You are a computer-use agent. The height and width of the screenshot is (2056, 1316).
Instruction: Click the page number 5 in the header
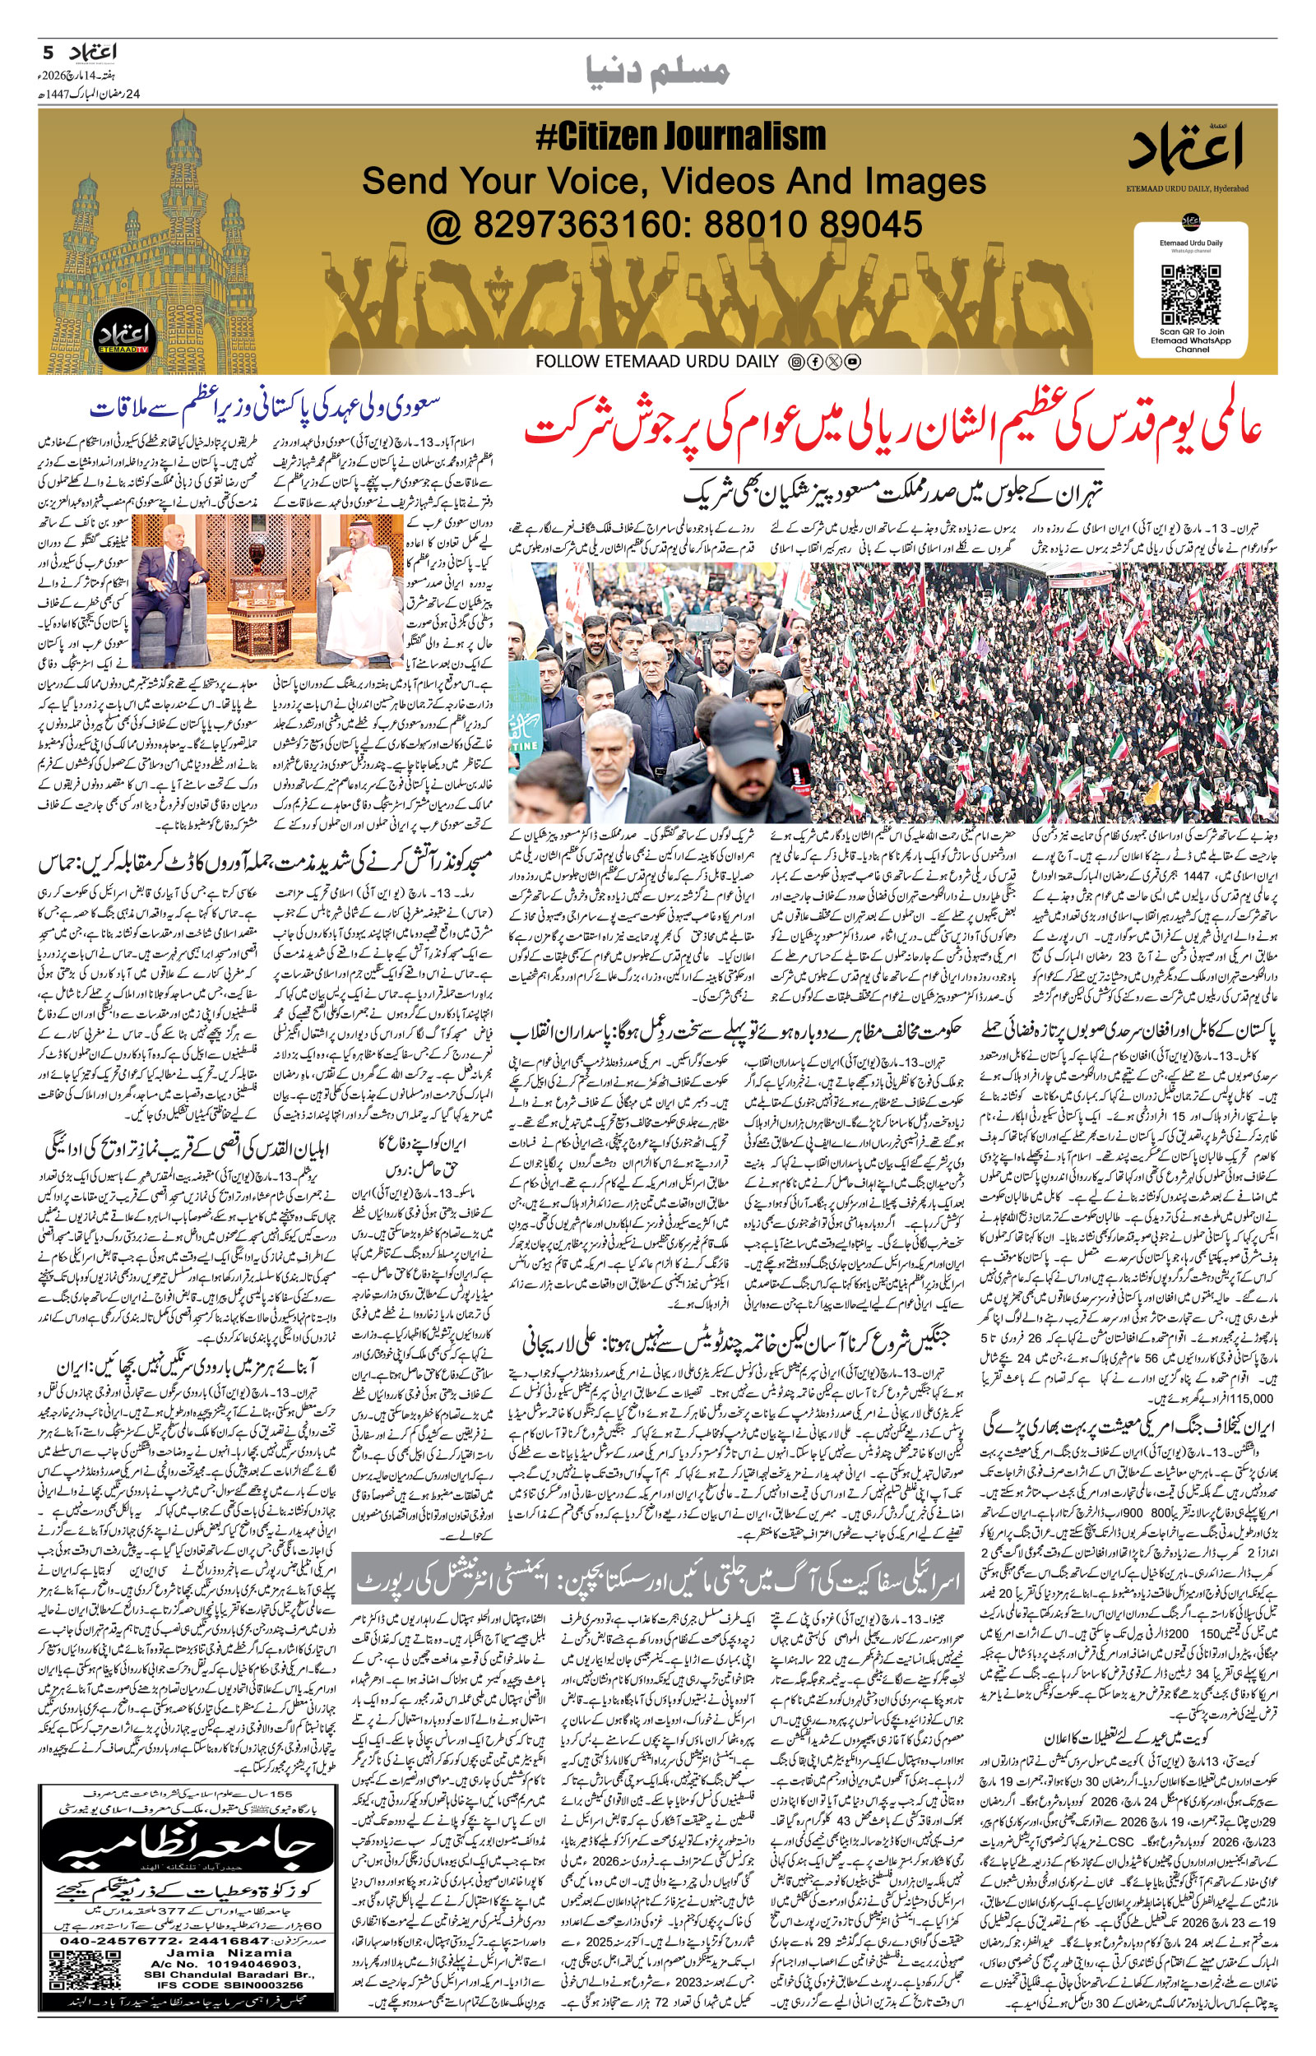49,52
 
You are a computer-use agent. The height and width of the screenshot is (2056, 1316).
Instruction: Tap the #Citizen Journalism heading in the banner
680,137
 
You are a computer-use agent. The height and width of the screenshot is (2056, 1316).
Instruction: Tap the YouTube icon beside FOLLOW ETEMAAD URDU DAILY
852,362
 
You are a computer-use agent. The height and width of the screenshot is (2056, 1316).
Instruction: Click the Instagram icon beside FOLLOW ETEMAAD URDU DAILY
795,362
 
